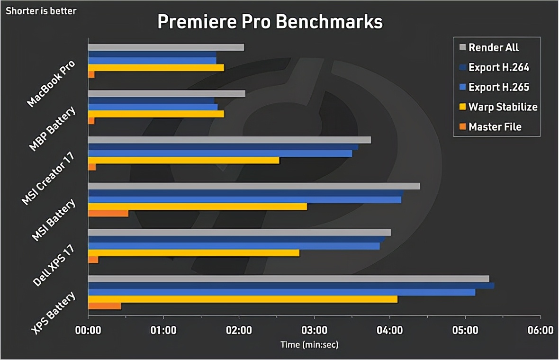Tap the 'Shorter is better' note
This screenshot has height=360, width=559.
click(41, 11)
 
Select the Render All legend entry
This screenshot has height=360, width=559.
click(493, 47)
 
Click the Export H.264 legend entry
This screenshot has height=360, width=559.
click(498, 67)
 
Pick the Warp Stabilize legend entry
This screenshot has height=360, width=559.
click(503, 107)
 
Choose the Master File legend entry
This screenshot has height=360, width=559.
click(495, 127)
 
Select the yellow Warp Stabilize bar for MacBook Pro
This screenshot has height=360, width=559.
click(156, 68)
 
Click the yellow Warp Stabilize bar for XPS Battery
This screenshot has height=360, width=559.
click(243, 299)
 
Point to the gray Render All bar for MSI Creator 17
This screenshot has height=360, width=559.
click(229, 140)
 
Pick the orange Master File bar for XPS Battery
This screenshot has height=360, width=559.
click(104, 306)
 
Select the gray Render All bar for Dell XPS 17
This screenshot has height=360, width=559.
click(239, 232)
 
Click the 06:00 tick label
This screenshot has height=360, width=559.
click(541, 330)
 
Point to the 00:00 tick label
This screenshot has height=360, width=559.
click(88, 330)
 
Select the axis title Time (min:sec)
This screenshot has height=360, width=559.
click(309, 344)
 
